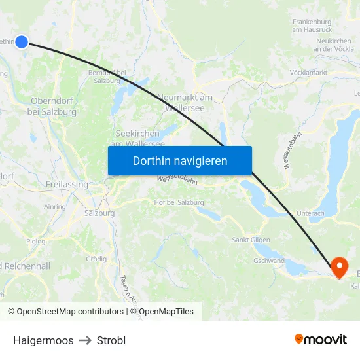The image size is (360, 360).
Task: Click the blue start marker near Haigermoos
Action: click(22, 42)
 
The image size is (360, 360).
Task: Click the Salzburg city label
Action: click(99, 213)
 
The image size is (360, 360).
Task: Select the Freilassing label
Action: click(67, 185)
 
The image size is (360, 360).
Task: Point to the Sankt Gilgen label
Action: click(249, 240)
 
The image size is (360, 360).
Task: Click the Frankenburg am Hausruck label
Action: click(314, 26)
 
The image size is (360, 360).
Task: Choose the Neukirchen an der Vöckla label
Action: click(334, 45)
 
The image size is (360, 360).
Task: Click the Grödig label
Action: click(96, 259)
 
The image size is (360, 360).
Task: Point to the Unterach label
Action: click(310, 213)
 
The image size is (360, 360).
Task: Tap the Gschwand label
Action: click(269, 261)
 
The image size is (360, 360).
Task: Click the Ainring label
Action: click(54, 206)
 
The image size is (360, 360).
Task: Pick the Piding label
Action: click(35, 241)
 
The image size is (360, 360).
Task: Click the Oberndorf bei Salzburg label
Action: click(52, 106)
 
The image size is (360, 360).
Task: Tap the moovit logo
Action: click(320, 339)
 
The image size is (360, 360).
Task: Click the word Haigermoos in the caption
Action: click(43, 340)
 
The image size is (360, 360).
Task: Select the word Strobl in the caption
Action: click(111, 340)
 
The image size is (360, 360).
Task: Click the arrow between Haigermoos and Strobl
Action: click(85, 340)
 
